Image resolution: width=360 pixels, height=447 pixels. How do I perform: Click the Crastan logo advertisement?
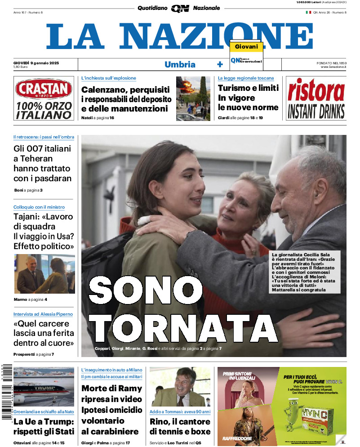(43, 98)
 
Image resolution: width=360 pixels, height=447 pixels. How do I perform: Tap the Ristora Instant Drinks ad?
(316, 98)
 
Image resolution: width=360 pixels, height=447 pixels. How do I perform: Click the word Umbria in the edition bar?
(180, 64)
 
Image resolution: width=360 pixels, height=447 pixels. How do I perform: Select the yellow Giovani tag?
(246, 47)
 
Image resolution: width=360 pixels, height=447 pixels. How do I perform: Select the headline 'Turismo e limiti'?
(248, 88)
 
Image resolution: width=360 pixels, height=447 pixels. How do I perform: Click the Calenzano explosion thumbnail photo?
(192, 98)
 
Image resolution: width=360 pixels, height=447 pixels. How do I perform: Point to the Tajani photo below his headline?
(44, 274)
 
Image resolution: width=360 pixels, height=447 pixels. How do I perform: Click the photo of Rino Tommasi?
(180, 387)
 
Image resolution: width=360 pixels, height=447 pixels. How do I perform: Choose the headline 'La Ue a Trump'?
(43, 422)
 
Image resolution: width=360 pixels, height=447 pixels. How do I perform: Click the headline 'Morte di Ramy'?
(111, 389)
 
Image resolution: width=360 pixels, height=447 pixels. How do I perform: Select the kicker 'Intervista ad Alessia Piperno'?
(43, 314)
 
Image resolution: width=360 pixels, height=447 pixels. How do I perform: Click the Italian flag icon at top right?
(308, 12)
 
